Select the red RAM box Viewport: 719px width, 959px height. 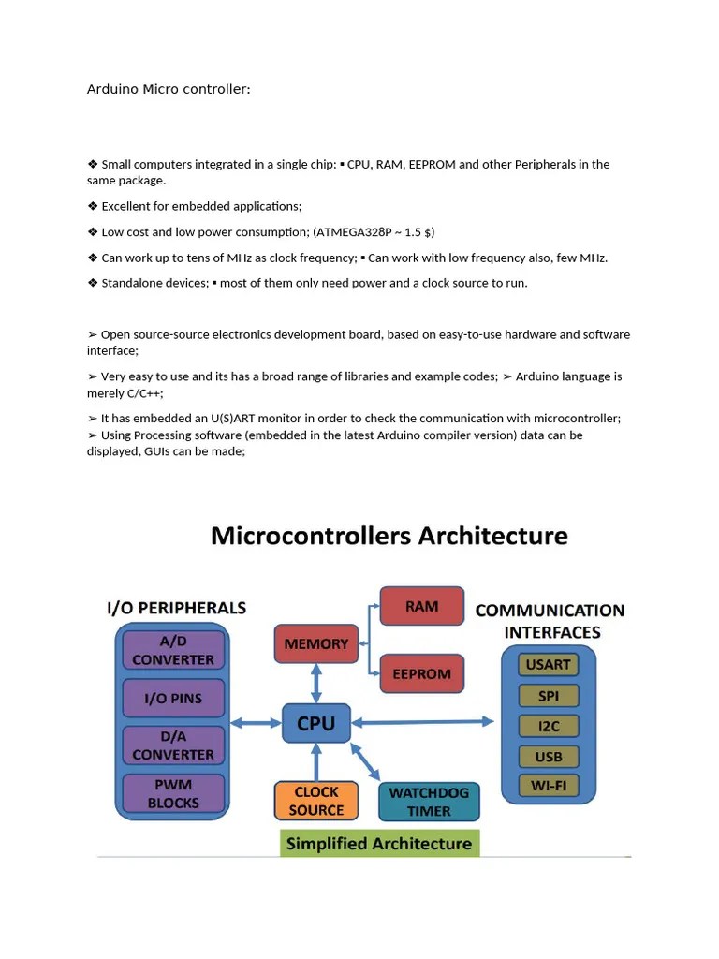pos(421,606)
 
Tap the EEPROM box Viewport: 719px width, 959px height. pos(421,673)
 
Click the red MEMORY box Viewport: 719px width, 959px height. pos(316,643)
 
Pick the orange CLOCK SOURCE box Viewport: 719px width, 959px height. pos(316,801)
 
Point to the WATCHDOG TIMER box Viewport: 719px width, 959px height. pos(429,802)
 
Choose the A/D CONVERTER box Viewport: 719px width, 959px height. pos(173,650)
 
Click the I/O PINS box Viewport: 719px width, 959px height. pos(173,698)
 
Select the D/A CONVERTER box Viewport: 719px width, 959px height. pos(173,745)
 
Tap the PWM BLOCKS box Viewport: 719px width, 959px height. pos(173,793)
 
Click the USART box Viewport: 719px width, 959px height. pos(549,664)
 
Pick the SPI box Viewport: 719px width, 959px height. pos(549,695)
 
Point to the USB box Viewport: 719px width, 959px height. pos(549,756)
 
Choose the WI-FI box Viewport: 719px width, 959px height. pos(549,785)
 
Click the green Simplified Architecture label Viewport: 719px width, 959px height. pos(379,843)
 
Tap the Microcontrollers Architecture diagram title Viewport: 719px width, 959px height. pos(389,536)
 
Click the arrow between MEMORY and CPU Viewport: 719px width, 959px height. pos(316,685)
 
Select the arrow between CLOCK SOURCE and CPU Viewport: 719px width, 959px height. pos(316,760)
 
